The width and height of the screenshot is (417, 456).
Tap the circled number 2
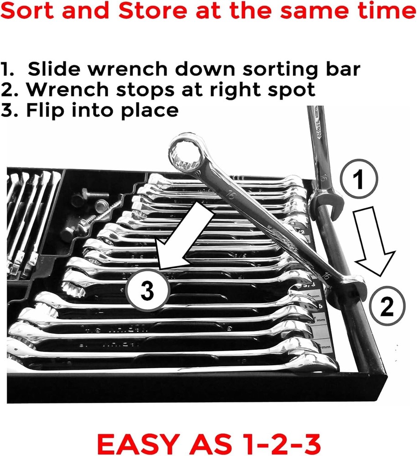(x=386, y=309)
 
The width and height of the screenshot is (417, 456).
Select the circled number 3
(x=147, y=290)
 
